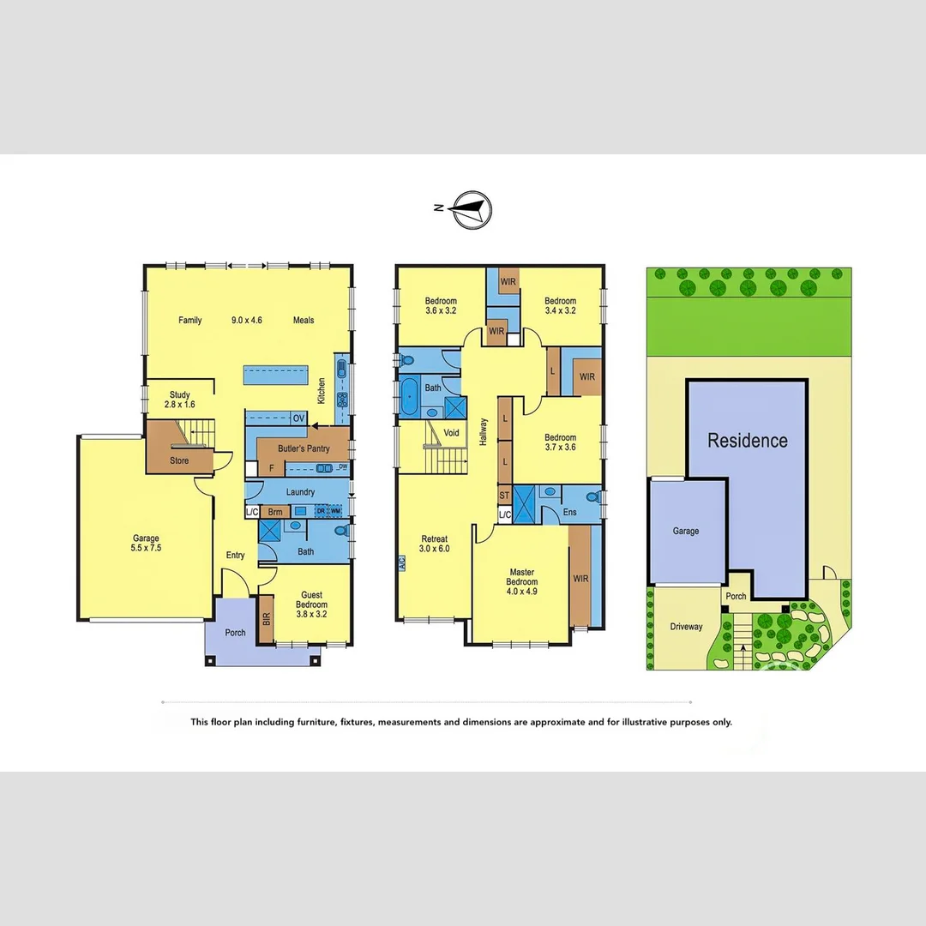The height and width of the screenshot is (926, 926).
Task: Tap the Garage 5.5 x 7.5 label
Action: (x=146, y=544)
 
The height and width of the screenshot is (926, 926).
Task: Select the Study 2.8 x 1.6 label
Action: (x=179, y=400)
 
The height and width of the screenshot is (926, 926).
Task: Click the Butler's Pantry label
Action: (x=298, y=448)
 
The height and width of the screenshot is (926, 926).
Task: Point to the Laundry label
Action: (x=300, y=492)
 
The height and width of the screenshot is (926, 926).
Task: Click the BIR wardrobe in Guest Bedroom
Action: (x=266, y=619)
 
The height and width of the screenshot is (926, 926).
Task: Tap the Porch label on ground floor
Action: (x=235, y=633)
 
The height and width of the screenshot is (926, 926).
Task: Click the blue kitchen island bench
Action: (x=275, y=375)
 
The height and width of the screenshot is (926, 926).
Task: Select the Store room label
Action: (x=178, y=460)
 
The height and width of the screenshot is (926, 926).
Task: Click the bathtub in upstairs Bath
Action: (x=409, y=399)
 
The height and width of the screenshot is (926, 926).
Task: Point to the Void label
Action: (x=451, y=433)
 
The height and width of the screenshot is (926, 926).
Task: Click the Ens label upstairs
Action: (x=570, y=513)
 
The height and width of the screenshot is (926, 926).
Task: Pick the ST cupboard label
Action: (x=504, y=496)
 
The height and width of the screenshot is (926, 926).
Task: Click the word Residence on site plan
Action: (x=747, y=441)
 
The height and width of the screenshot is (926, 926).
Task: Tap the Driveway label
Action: (x=686, y=627)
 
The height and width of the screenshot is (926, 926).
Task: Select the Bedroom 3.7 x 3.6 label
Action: (x=560, y=442)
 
